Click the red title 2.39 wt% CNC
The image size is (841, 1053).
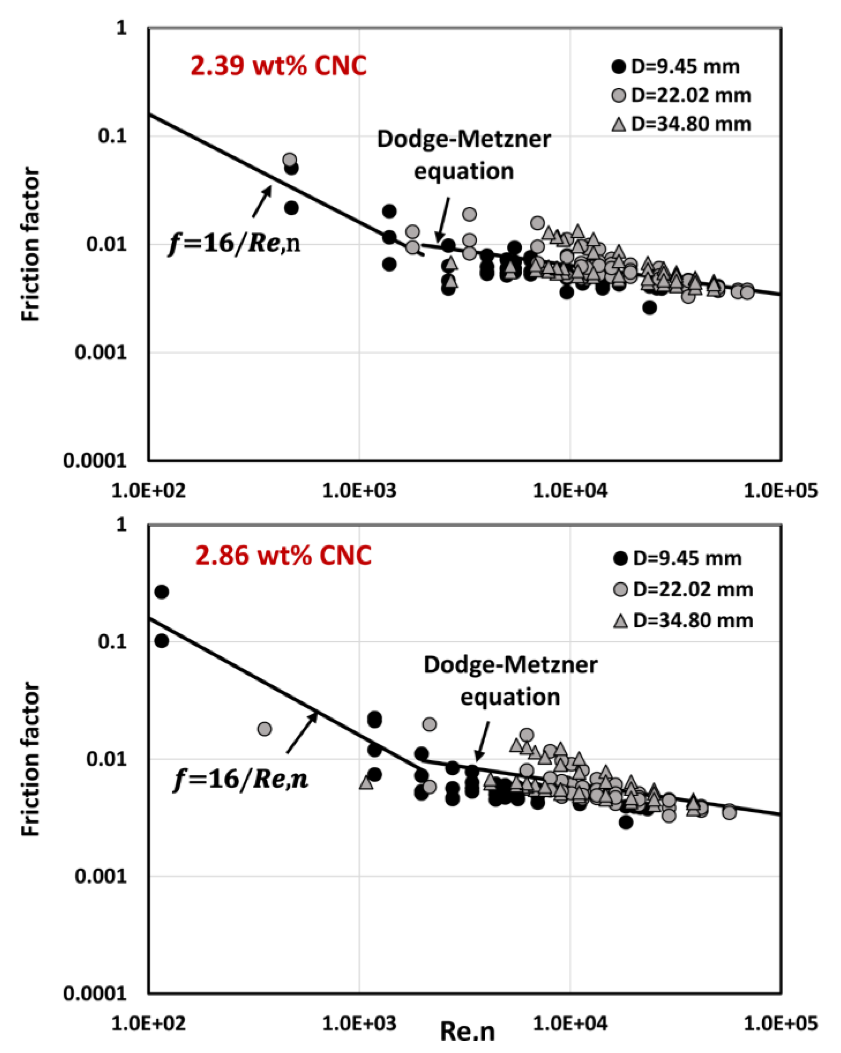pyautogui.click(x=278, y=66)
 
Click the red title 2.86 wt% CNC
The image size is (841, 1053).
pyautogui.click(x=283, y=556)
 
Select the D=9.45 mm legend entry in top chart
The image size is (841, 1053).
pyautogui.click(x=676, y=67)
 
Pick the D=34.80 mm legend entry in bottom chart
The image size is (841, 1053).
pyautogui.click(x=683, y=621)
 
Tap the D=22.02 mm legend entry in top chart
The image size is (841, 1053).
pyautogui.click(x=681, y=95)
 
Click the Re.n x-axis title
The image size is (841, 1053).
pyautogui.click(x=467, y=1031)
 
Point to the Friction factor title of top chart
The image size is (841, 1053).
pyautogui.click(x=30, y=244)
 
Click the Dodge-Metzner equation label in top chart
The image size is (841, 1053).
pyautogui.click(x=464, y=155)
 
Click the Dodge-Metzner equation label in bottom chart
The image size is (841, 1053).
pyautogui.click(x=510, y=681)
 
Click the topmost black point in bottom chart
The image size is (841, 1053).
pyautogui.click(x=162, y=592)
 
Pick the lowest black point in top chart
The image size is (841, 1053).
pyautogui.click(x=649, y=308)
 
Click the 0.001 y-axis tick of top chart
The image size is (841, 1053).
pyautogui.click(x=100, y=352)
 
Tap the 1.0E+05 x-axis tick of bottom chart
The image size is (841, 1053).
pyautogui.click(x=780, y=1023)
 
